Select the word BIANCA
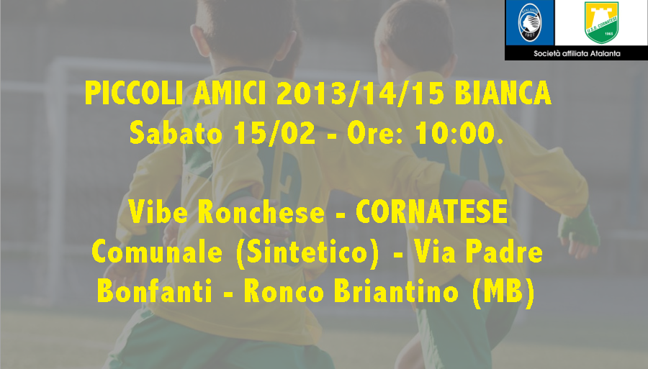click(x=503, y=94)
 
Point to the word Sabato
click(x=176, y=133)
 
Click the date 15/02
click(x=274, y=133)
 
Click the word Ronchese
click(x=261, y=211)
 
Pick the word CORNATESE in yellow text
click(x=432, y=211)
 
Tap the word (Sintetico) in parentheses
click(x=307, y=252)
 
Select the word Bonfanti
click(x=155, y=291)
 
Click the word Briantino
click(x=396, y=291)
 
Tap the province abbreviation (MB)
click(x=503, y=292)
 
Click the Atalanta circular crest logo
click(x=529, y=22)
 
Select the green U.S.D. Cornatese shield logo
click(x=601, y=22)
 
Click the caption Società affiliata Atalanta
click(x=577, y=53)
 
